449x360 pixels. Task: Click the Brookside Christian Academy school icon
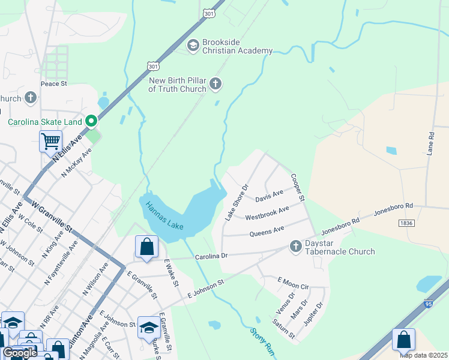click(193, 46)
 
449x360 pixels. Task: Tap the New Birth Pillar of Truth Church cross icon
click(215, 85)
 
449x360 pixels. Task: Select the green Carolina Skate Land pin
click(91, 122)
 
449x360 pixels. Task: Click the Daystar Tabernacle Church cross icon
click(295, 246)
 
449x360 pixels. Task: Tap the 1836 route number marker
click(406, 223)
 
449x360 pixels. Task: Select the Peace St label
click(53, 84)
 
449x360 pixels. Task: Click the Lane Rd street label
click(430, 144)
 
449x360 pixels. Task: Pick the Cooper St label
click(298, 187)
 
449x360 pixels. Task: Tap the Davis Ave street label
click(269, 196)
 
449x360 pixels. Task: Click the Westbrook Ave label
click(267, 212)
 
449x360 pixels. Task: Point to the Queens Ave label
click(267, 230)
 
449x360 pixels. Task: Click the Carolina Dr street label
click(211, 256)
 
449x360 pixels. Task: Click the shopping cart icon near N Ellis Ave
click(51, 142)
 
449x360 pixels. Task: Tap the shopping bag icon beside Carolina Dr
click(147, 246)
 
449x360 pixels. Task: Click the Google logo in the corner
click(20, 353)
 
